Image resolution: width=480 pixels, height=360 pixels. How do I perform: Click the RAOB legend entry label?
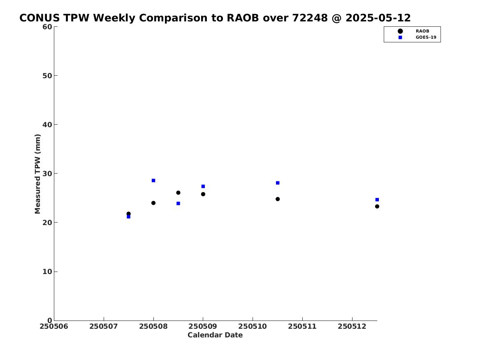pos(422,31)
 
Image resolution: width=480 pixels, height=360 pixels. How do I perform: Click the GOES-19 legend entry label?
pos(426,37)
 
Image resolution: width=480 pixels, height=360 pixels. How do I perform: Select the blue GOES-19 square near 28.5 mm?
pos(153,181)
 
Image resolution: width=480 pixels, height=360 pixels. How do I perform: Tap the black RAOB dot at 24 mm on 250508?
pos(153,203)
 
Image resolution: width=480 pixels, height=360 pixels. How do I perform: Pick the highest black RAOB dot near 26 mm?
pos(178,193)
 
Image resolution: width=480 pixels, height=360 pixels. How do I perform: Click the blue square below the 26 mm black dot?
pos(178,204)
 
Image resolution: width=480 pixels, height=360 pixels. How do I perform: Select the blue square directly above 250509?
pos(203,186)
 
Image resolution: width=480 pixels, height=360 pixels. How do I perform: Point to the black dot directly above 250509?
pos(203,194)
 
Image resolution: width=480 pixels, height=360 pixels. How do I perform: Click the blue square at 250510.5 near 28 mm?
pos(278,183)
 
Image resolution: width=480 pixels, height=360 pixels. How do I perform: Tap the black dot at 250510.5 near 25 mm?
pos(278,199)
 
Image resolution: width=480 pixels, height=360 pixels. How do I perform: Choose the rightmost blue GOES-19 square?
pos(377,200)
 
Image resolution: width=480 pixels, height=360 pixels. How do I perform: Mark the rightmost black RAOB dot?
pos(377,206)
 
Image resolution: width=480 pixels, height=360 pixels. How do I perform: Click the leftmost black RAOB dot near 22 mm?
pos(129,214)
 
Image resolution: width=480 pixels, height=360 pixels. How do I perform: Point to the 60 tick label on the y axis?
pos(47,27)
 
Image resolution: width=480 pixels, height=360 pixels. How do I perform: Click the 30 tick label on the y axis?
pos(47,174)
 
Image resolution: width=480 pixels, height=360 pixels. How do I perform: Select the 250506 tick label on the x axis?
pos(54,326)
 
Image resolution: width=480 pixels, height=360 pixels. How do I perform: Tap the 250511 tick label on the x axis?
pos(302,326)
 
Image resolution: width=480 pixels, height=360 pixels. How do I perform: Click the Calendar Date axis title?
pos(215,335)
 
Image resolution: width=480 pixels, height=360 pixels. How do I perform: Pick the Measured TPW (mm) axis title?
pos(38,174)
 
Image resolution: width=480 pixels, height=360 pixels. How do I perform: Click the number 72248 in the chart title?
pos(310,18)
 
